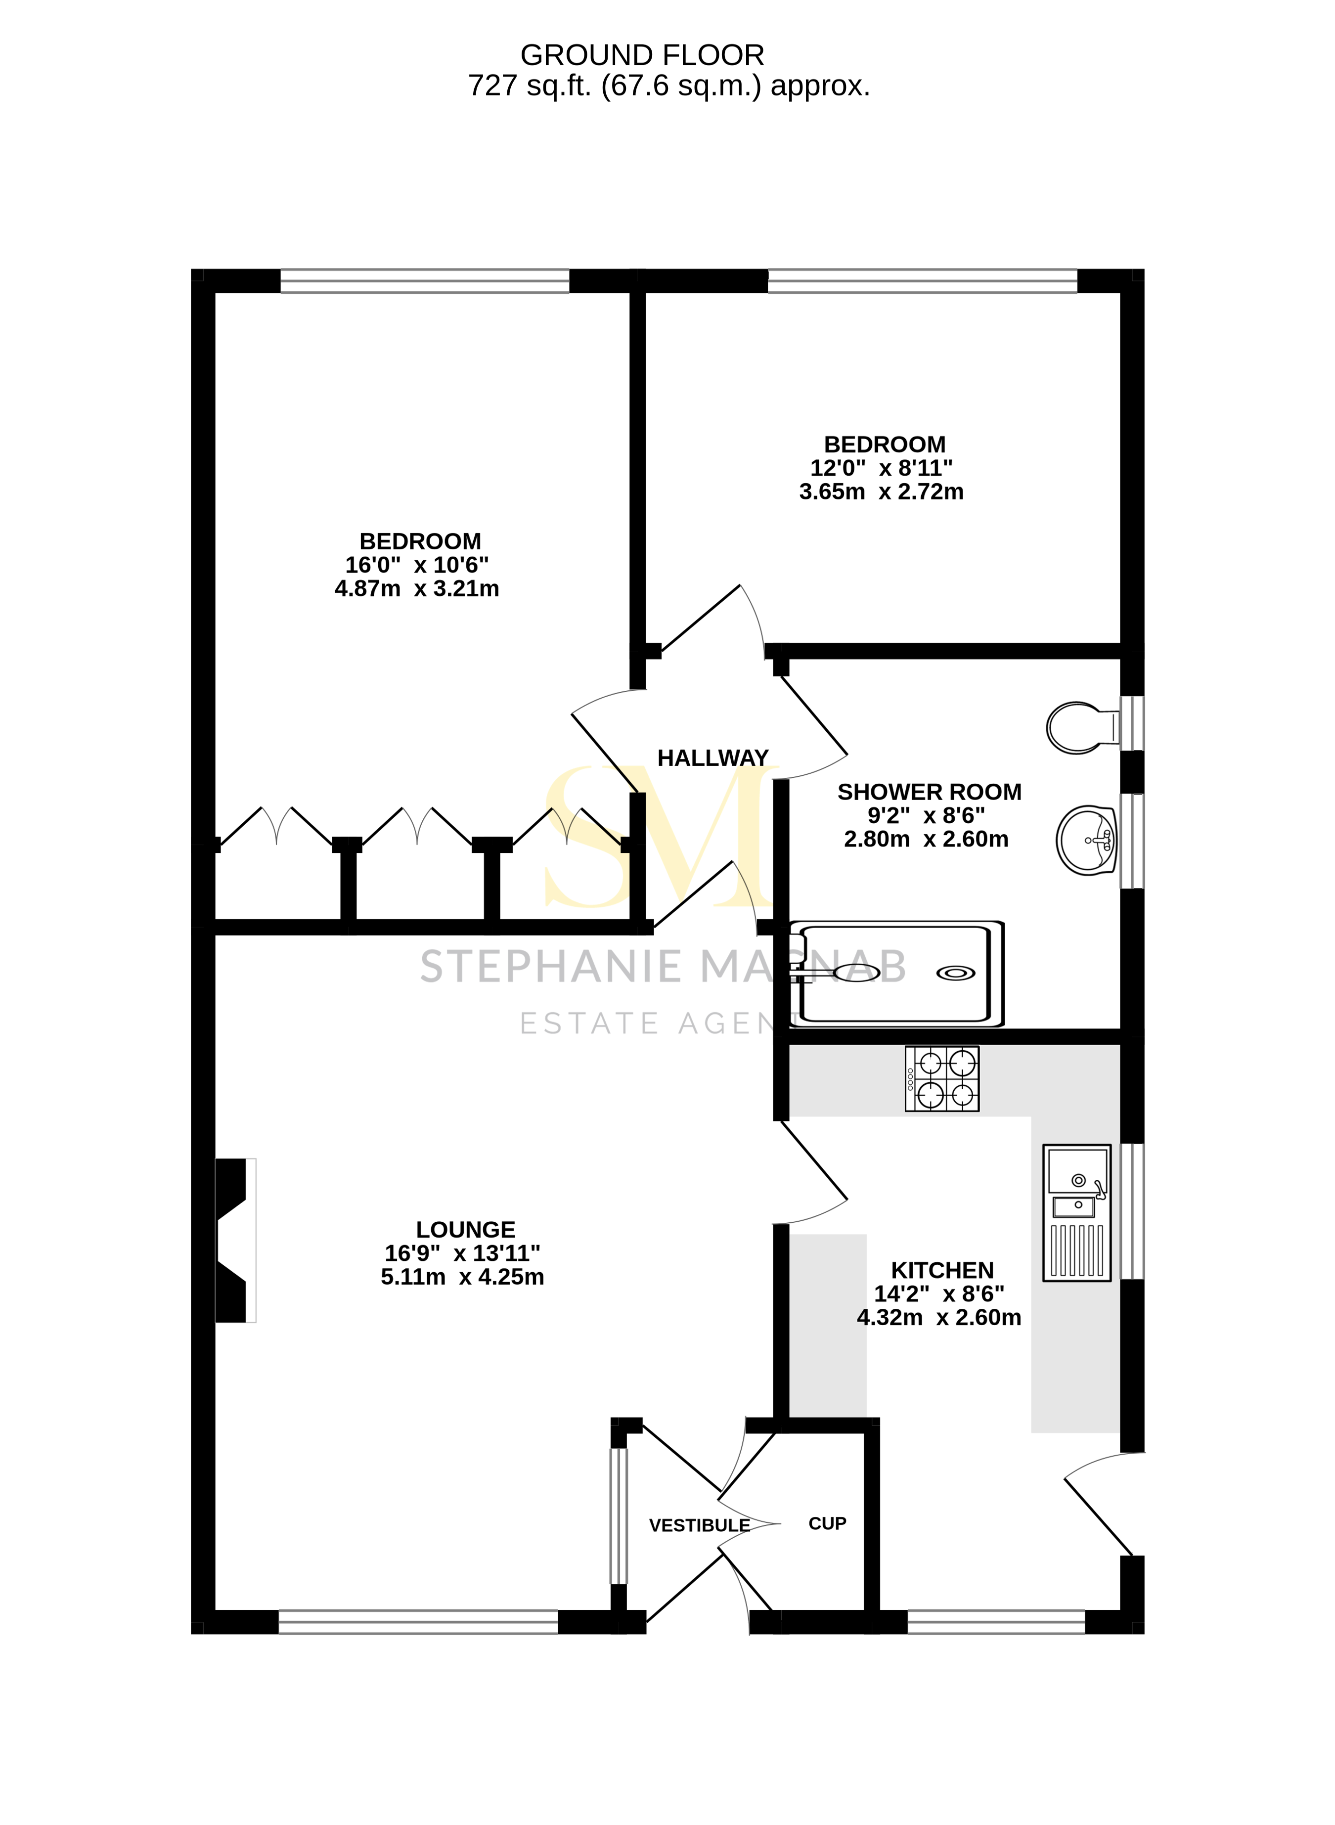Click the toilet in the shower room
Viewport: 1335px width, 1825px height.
1080,727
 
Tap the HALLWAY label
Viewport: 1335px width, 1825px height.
713,758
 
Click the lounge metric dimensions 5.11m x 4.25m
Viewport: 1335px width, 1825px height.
462,1277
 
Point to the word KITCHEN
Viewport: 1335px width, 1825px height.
942,1270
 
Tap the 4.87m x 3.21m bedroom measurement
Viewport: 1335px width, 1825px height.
417,588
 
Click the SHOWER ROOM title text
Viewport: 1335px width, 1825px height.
930,792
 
